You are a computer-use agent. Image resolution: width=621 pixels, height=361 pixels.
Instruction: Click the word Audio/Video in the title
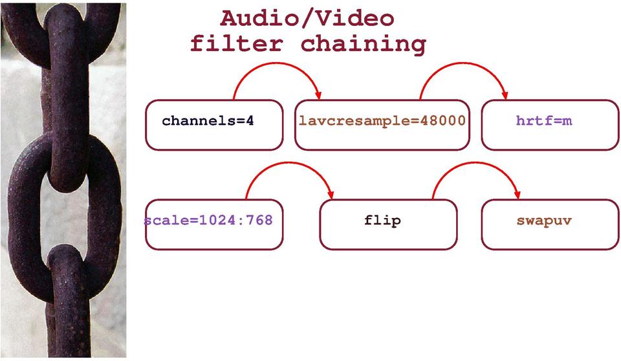coord(307,17)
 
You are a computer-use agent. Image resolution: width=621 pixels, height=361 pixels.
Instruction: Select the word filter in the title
coord(237,44)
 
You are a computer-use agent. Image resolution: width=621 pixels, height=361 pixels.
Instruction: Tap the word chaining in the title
coord(363,44)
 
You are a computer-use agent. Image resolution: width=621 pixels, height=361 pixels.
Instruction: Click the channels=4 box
coord(213,125)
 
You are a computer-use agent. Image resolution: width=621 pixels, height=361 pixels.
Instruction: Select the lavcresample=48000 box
coord(382,125)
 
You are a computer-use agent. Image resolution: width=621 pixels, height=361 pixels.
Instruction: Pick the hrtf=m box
coord(549,125)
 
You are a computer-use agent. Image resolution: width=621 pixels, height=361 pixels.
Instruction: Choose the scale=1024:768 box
coord(213,224)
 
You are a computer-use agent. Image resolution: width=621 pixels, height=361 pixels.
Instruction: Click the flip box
coord(388,224)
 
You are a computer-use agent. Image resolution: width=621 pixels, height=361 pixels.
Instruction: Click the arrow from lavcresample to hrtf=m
coord(463,65)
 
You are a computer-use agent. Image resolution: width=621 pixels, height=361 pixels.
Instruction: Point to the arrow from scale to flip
coord(288,164)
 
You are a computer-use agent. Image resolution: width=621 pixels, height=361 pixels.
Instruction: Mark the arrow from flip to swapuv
coord(475,164)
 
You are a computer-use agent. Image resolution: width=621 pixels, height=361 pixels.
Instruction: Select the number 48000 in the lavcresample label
coord(439,121)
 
